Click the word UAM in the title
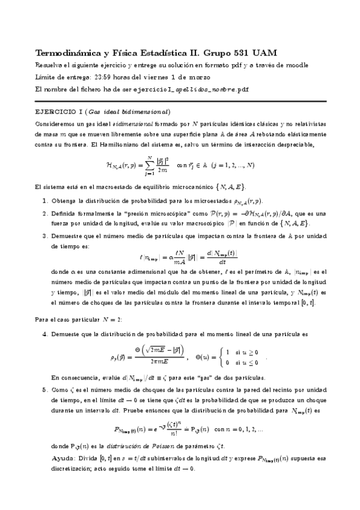[x=264, y=52]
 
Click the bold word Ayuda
[x=63, y=459]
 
